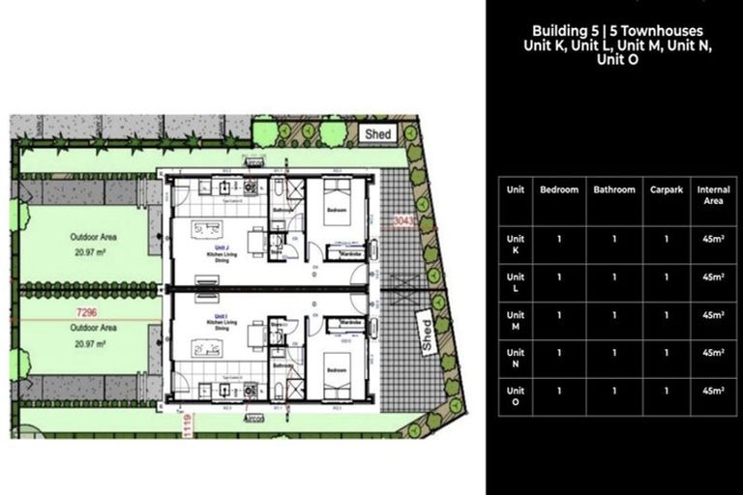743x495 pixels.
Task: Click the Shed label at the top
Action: (x=378, y=134)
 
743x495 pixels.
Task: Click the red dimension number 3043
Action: (x=404, y=221)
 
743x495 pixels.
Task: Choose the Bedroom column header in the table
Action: (x=559, y=190)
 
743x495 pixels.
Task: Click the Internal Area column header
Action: (x=714, y=195)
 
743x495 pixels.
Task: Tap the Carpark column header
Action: (x=667, y=190)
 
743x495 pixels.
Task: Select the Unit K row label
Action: (x=516, y=244)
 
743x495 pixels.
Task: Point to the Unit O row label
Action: (x=516, y=394)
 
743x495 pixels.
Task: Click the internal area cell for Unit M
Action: (x=714, y=314)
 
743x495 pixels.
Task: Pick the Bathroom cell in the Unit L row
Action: (x=613, y=277)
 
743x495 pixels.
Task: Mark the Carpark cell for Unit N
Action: (x=667, y=352)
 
